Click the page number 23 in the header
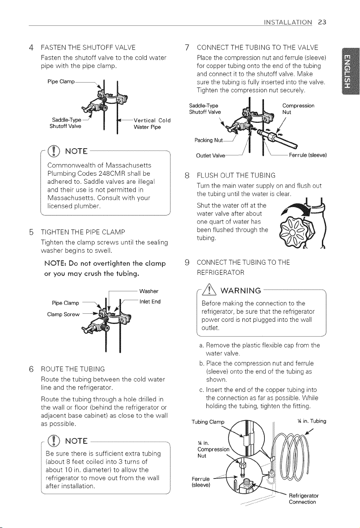pos(322,22)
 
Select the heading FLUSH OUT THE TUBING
pos(236,175)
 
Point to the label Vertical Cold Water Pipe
pos(152,124)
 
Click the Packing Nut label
pos(209,140)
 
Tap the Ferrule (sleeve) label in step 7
pos(308,155)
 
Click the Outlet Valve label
pos(211,156)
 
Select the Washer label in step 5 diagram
pos(149,291)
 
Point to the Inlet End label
pos(150,301)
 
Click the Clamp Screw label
pos(63,315)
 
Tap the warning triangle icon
pos(211,290)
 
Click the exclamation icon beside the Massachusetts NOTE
pos(53,151)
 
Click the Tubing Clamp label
pos(208,422)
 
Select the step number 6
pos(31,369)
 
